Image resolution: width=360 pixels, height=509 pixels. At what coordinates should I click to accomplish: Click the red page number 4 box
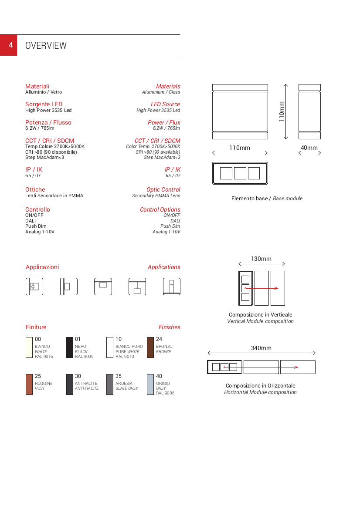[9, 45]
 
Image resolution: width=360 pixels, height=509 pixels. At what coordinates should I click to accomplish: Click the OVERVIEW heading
[46, 46]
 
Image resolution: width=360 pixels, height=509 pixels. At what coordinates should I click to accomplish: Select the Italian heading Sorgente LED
[44, 104]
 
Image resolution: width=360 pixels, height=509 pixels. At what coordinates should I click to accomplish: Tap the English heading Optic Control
[163, 189]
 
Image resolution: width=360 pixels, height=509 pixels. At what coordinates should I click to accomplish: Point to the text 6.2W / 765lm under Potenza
[40, 128]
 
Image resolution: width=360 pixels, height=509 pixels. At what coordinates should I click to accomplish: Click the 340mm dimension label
[261, 348]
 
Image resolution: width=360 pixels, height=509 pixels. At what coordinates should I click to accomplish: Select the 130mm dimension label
[261, 259]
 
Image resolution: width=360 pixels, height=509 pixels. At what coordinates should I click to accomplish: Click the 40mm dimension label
[309, 148]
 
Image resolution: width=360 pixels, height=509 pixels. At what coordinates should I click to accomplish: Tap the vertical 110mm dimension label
[282, 111]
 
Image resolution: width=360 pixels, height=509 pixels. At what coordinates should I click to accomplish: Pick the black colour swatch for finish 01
[70, 347]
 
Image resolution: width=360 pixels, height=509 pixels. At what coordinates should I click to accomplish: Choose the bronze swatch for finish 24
[150, 347]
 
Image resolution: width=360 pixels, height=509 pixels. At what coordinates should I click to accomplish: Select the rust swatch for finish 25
[29, 384]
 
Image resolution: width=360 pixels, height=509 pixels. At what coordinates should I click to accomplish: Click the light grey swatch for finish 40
[150, 384]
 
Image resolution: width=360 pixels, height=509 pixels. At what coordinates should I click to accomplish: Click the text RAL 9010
[125, 357]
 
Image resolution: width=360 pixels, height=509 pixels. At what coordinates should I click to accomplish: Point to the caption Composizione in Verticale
[260, 314]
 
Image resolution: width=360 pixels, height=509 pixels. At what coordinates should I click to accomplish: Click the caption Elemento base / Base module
[267, 199]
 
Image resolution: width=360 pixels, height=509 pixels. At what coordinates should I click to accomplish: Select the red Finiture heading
[36, 327]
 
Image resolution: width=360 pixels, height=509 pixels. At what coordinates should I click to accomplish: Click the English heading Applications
[164, 267]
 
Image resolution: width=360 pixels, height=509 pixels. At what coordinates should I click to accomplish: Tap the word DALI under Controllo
[31, 221]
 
